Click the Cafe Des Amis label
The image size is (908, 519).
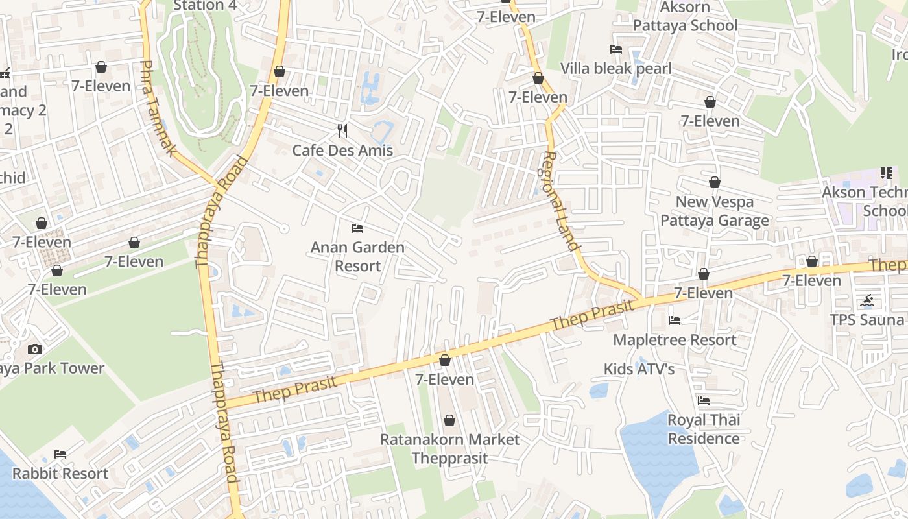[342, 151]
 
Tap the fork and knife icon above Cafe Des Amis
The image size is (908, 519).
[342, 131]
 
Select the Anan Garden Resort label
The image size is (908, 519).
[357, 256]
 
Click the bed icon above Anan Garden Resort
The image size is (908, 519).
[357, 228]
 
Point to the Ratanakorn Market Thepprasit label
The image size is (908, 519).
[449, 448]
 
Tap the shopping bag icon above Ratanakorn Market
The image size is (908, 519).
[449, 420]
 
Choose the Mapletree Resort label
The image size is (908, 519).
[675, 340]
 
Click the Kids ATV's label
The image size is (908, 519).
[639, 369]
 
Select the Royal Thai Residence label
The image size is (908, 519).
[704, 429]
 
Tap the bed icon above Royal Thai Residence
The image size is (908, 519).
[704, 400]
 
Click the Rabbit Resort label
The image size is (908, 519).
[60, 474]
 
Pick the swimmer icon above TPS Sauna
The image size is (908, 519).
[868, 301]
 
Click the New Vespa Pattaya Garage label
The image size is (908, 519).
[715, 211]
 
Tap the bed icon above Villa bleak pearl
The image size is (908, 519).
[615, 49]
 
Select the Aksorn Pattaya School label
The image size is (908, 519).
[685, 16]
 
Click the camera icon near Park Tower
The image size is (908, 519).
[35, 349]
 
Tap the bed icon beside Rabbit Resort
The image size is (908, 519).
[60, 454]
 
